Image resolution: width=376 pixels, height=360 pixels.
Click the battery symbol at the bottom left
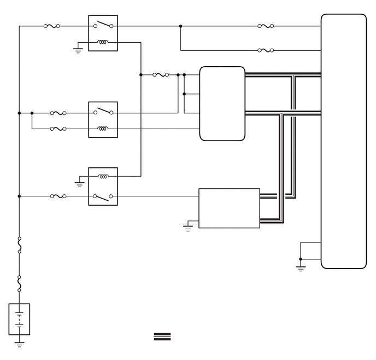coord(20,319)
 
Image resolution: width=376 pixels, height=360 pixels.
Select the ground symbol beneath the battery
coord(20,344)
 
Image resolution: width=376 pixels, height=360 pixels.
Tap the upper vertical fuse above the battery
coord(20,245)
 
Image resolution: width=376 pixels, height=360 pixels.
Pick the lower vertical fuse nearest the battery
coord(20,283)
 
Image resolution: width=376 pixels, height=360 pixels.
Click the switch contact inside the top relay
coord(103,25)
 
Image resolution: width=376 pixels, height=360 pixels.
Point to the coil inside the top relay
coord(103,42)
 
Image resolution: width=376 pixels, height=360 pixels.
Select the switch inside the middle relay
coord(103,112)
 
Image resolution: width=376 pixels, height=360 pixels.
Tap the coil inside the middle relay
coord(103,129)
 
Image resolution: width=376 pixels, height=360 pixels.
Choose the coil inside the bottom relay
coord(103,176)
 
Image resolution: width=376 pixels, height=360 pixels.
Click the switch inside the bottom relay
coord(103,195)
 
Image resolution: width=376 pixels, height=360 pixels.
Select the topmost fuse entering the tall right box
coord(265,26)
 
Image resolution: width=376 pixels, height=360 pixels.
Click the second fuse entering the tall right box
coord(265,50)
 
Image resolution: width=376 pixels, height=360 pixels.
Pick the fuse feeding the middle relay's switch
coord(58,113)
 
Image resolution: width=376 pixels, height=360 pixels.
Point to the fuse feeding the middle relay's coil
coord(58,129)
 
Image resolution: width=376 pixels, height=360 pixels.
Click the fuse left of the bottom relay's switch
coord(58,196)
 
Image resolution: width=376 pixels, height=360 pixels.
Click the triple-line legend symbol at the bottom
coord(163,336)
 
